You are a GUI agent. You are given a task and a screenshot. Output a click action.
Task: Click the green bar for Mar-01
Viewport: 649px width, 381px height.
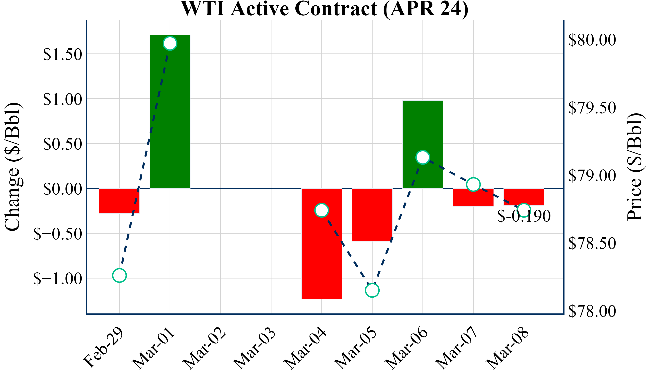(x=170, y=116)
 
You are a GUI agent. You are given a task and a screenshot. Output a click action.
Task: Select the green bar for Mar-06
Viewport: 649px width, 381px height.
(x=423, y=129)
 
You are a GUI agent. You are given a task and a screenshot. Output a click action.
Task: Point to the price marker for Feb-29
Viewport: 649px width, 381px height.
(x=119, y=275)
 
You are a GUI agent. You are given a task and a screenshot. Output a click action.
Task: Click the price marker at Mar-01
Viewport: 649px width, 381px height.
(x=170, y=43)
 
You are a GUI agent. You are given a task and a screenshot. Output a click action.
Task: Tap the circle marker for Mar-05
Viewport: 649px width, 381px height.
(x=372, y=290)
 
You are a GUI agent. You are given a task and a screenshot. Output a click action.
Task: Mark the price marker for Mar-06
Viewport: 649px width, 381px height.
(x=423, y=157)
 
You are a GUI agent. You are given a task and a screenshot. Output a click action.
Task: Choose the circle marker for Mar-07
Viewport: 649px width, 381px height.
(x=473, y=184)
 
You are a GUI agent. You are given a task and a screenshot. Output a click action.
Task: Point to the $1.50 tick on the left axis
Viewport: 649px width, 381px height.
(x=63, y=54)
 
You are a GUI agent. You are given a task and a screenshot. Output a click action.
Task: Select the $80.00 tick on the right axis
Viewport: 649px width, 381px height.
(x=592, y=40)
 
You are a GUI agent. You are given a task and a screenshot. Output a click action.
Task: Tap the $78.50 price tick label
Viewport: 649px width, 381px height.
(x=592, y=244)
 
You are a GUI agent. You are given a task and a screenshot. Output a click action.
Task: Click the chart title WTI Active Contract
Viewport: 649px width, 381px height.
(x=324, y=9)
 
